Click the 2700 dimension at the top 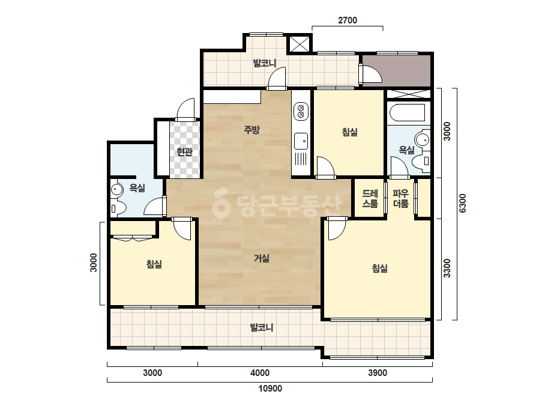click(x=348, y=20)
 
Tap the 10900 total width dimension click(x=270, y=389)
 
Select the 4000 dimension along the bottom click(x=260, y=373)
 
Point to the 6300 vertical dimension click(x=463, y=204)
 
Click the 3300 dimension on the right click(x=447, y=268)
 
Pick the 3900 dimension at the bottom click(x=378, y=373)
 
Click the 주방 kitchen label click(x=252, y=130)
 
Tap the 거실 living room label click(x=262, y=258)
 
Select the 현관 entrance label click(x=184, y=152)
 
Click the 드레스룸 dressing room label click(x=370, y=198)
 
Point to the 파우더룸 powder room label click(x=401, y=198)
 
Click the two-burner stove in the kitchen click(x=301, y=111)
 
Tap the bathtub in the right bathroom click(x=408, y=113)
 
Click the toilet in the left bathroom click(x=116, y=208)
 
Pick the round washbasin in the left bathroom click(x=116, y=189)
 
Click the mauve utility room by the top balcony click(x=397, y=71)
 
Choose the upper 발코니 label click(x=265, y=64)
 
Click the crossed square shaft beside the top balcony click(x=300, y=44)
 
